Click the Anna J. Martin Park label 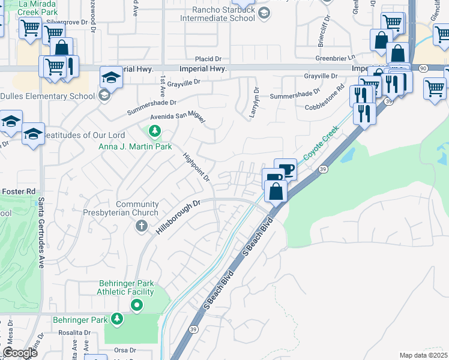pyautogui.click(x=136, y=146)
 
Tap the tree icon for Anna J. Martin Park pyautogui.click(x=155, y=131)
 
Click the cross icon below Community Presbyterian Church pyautogui.click(x=141, y=226)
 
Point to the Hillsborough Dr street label pyautogui.click(x=178, y=217)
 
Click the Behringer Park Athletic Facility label pyautogui.click(x=125, y=287)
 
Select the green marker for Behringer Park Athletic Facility pyautogui.click(x=137, y=305)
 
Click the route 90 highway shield pyautogui.click(x=423, y=69)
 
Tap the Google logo pyautogui.click(x=20, y=353)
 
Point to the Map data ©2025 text pyautogui.click(x=423, y=355)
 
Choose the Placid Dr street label pyautogui.click(x=208, y=59)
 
